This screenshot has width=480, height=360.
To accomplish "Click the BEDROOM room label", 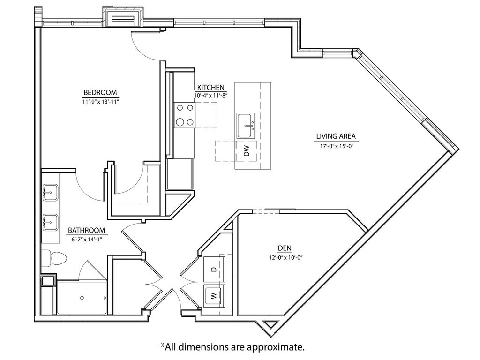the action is click(x=100, y=92).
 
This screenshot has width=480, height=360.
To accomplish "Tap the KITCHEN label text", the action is click(x=210, y=87).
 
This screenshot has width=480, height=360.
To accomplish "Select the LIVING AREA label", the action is click(x=336, y=136).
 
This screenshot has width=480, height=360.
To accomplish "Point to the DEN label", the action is click(x=285, y=248).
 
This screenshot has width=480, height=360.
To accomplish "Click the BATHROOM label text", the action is click(x=86, y=230).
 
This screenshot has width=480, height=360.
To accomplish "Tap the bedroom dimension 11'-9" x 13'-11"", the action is click(x=100, y=101).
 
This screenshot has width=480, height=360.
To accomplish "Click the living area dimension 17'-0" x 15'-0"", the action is click(x=336, y=146).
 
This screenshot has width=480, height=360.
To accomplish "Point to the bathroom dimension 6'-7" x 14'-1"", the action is click(x=86, y=240).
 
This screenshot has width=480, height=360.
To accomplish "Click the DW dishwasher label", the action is click(x=247, y=150).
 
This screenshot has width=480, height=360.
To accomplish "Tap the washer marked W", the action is click(x=214, y=296).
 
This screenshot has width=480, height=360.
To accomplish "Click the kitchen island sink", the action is click(x=246, y=126).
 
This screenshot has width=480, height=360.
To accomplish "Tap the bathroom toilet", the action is click(x=54, y=259).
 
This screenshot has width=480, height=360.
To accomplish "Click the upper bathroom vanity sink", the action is click(x=50, y=192).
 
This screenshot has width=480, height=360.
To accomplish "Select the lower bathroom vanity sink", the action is click(x=50, y=222).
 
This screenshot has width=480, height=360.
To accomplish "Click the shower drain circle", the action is click(x=82, y=298).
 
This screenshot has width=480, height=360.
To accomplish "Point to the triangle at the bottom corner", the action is click(x=270, y=324).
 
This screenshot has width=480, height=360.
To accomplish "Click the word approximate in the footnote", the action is click(x=275, y=347).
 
